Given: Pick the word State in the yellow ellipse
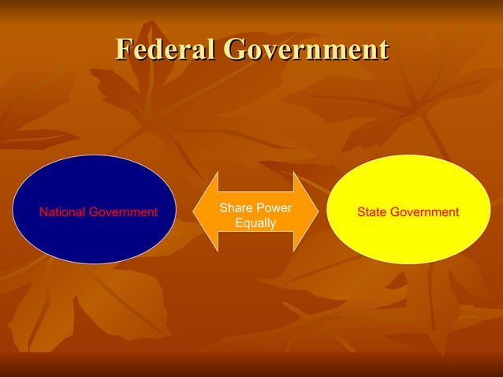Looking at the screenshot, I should [x=371, y=212].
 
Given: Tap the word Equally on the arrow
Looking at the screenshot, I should [x=255, y=223].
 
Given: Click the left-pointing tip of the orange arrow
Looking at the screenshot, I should [x=196, y=211].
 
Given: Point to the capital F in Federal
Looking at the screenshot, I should [x=123, y=49].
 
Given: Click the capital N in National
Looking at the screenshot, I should [x=43, y=212].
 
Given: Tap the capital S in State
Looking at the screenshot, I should [x=361, y=212].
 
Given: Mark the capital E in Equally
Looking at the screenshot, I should [x=239, y=223].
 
